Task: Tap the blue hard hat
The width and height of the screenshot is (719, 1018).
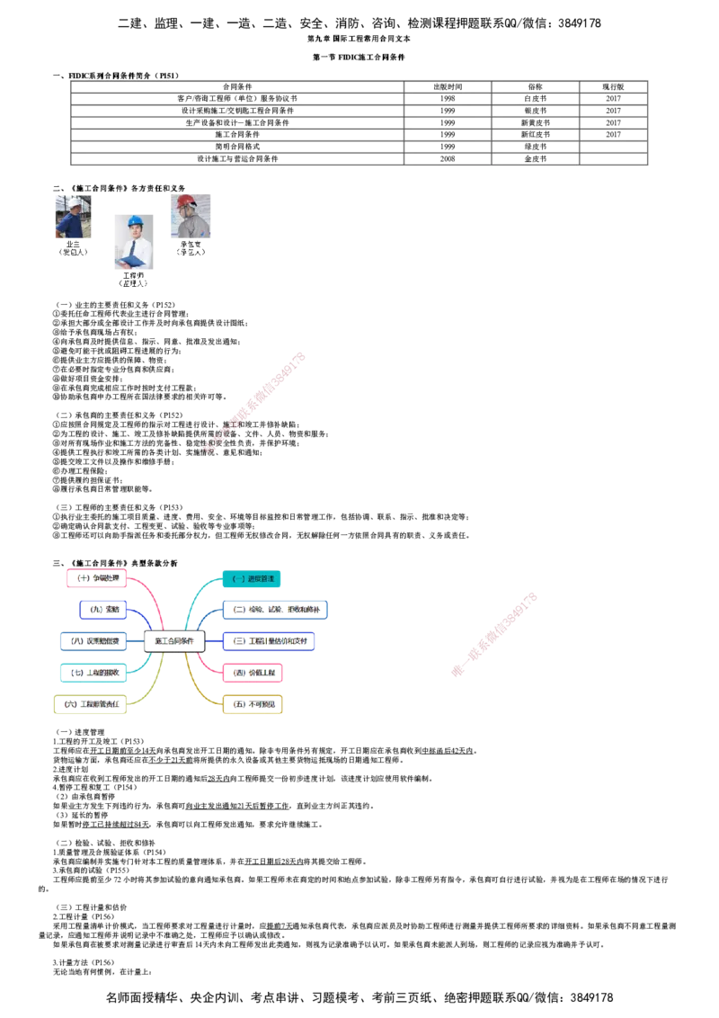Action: click(x=135, y=220)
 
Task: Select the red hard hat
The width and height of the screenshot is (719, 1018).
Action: click(x=186, y=201)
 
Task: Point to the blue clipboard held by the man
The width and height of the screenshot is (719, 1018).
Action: click(x=131, y=262)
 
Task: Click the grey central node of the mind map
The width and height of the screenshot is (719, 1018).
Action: click(x=174, y=641)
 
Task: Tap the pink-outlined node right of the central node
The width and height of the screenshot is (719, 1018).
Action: click(x=253, y=672)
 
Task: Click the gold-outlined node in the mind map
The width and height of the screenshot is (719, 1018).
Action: click(x=253, y=704)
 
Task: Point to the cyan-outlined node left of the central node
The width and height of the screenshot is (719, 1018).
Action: click(x=92, y=672)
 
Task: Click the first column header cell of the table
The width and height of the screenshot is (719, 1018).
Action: click(x=237, y=86)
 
